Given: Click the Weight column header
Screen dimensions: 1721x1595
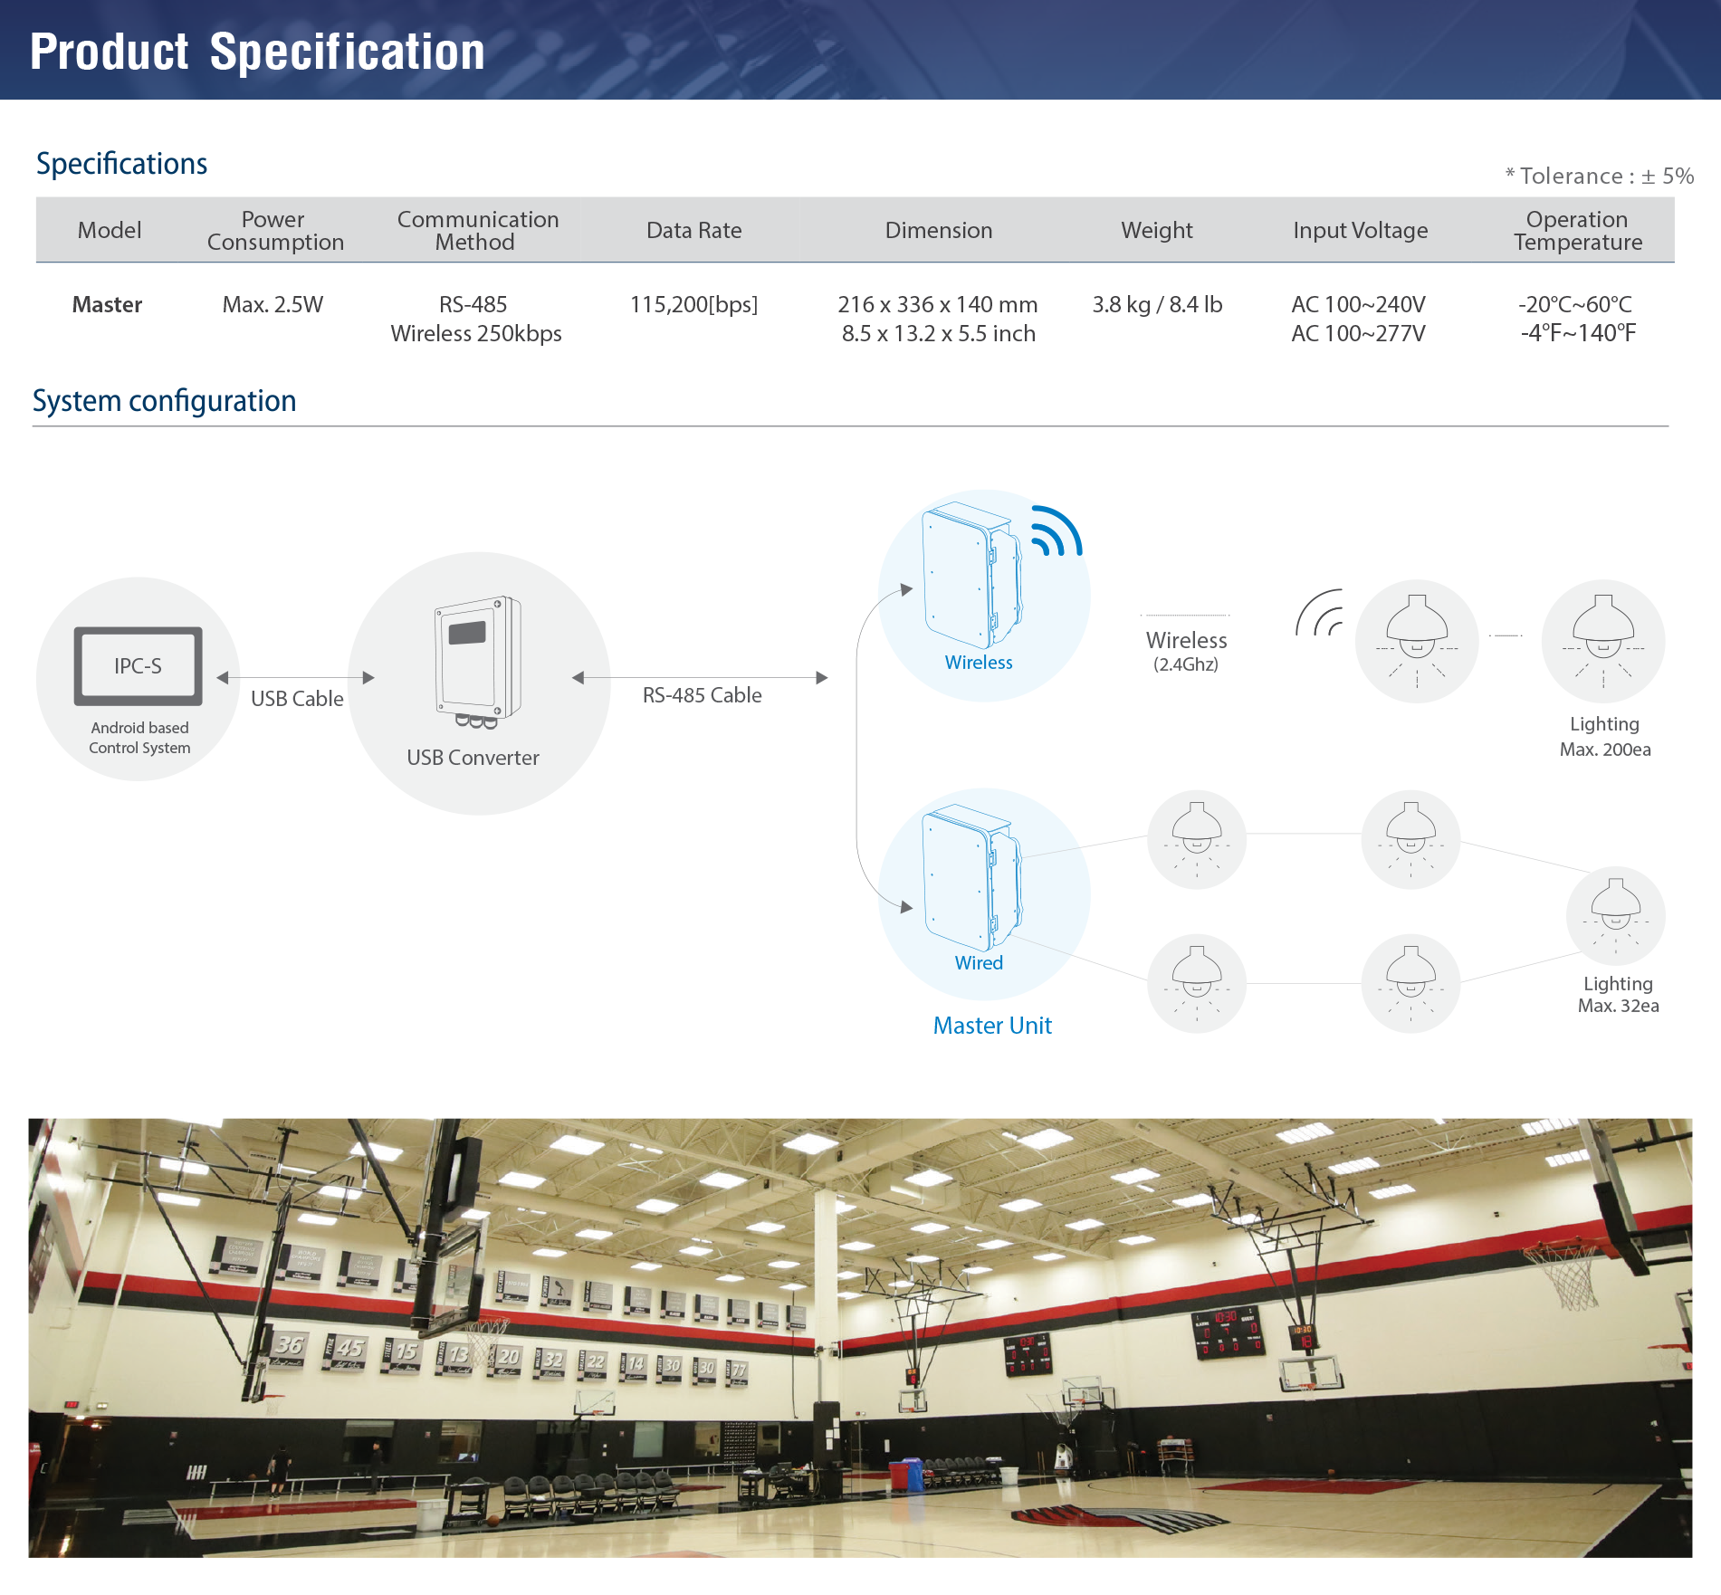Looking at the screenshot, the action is (1156, 231).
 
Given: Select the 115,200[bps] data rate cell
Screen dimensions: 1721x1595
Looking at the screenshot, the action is (693, 305).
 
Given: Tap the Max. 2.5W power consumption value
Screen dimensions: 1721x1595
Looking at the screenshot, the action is (272, 305).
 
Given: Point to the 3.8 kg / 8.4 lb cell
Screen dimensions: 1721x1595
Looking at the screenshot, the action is (1157, 305).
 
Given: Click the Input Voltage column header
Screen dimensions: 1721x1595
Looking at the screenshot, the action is (1360, 231).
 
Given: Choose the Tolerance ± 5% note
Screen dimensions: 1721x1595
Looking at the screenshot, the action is (1599, 176).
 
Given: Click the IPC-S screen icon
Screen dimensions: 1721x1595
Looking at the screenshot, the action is (138, 666).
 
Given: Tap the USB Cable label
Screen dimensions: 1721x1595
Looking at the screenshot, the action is (297, 699).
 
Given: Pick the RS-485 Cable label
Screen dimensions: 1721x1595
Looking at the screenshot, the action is (702, 695).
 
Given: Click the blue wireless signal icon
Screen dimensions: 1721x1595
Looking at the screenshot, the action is (1056, 531).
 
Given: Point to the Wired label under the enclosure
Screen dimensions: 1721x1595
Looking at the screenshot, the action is (979, 963).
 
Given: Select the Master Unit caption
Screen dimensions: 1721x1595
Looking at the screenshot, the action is (992, 1026).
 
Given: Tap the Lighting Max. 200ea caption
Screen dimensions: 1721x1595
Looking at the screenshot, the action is (1605, 737).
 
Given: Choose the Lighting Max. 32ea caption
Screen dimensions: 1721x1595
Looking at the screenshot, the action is (1619, 995).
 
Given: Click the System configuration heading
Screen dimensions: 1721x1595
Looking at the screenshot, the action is (165, 401).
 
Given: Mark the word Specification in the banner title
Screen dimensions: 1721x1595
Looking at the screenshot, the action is (348, 52).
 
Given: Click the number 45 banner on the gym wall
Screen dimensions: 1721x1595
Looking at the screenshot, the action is (346, 1351).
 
